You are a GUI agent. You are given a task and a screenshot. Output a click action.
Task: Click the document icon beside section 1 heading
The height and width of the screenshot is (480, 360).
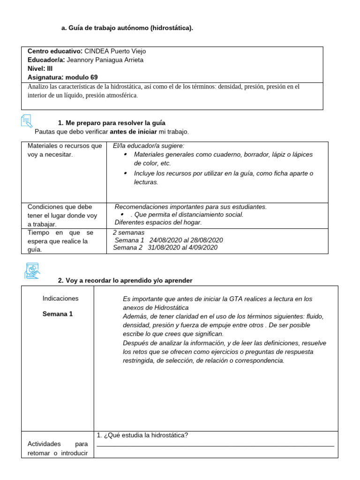pos(27,121)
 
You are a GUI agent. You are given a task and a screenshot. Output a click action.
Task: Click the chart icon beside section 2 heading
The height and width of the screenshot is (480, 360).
pos(32,271)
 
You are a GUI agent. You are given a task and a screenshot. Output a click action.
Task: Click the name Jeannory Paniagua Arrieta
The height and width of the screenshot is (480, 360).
pos(105,60)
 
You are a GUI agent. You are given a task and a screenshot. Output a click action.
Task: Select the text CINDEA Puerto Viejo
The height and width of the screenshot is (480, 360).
pos(118,51)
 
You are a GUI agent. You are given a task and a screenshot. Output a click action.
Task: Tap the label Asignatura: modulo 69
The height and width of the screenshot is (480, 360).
pos(63,77)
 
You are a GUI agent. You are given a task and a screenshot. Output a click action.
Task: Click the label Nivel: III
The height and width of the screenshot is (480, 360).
pos(40,68)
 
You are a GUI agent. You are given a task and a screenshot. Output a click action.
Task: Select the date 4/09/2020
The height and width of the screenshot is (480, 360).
pos(203,247)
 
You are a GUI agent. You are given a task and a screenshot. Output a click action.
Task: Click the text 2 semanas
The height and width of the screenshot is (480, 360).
pos(129,232)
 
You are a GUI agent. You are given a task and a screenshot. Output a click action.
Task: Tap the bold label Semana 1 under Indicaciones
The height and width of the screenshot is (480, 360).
pos(58,314)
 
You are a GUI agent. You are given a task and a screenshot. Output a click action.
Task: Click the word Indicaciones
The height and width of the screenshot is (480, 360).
pos(60,299)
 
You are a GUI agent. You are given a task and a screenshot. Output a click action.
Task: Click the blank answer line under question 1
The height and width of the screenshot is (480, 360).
pos(215,446)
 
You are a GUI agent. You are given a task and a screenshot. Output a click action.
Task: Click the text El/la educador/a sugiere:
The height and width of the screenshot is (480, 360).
pos(149,146)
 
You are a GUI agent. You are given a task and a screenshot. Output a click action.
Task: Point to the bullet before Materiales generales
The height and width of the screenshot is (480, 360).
pos(125,154)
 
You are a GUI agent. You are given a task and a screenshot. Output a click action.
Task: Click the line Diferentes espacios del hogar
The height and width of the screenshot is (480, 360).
pos(158,222)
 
